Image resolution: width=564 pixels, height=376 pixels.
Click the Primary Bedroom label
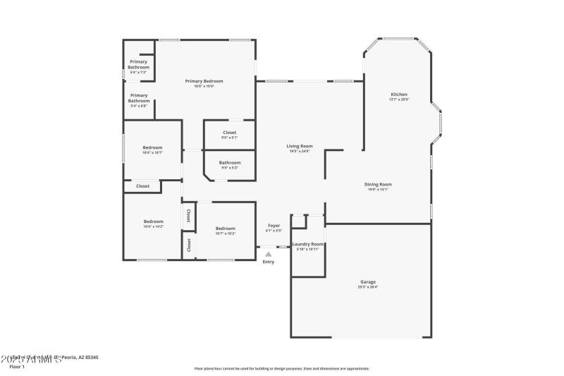pyautogui.click(x=204, y=81)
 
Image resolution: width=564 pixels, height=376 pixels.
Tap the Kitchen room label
pyautogui.click(x=399, y=95)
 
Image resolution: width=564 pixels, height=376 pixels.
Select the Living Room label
pyautogui.click(x=300, y=146)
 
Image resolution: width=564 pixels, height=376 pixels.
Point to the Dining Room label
pyautogui.click(x=378, y=184)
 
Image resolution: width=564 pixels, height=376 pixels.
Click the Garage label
pyautogui.click(x=368, y=281)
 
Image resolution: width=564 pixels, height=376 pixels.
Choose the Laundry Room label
pyautogui.click(x=307, y=244)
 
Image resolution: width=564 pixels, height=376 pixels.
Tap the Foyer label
pyautogui.click(x=274, y=225)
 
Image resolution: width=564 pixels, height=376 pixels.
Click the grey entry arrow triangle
pyautogui.click(x=268, y=254)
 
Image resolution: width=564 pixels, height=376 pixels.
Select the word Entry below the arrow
pyautogui.click(x=269, y=262)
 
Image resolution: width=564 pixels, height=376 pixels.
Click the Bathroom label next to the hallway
pyautogui.click(x=230, y=163)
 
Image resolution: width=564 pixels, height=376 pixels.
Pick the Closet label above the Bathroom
pyautogui.click(x=230, y=132)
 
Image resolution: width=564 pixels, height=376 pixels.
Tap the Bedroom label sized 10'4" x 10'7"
pyautogui.click(x=153, y=147)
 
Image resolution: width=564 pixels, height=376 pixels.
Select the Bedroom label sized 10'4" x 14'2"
pyautogui.click(x=154, y=222)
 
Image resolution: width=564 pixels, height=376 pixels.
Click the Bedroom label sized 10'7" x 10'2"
pyautogui.click(x=225, y=228)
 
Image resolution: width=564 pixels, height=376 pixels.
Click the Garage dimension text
pyautogui.click(x=368, y=287)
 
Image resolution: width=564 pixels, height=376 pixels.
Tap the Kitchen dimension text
pyautogui.click(x=399, y=100)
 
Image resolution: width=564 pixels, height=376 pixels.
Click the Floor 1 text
pyautogui.click(x=17, y=367)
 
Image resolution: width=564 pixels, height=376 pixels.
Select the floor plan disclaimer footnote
pyautogui.click(x=281, y=368)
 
